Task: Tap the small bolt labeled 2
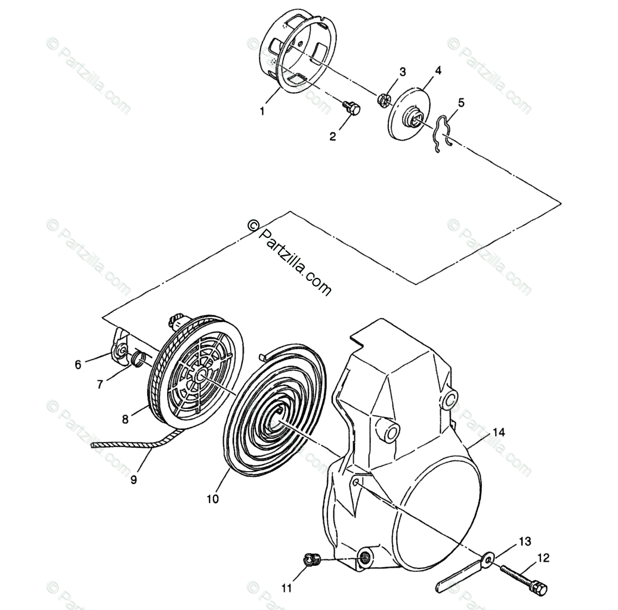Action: pos(353,109)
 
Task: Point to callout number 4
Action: pos(438,70)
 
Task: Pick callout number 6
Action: pos(78,365)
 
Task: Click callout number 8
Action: pos(125,419)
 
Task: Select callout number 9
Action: pos(133,478)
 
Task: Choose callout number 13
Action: pos(524,541)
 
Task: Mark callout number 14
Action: pos(498,431)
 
